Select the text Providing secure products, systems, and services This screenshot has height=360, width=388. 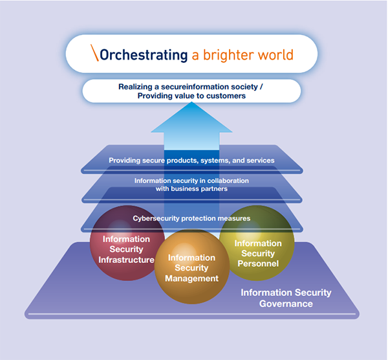tap(191, 160)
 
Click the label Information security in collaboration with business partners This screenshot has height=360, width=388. tap(191, 185)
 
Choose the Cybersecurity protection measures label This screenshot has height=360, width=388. tap(191, 218)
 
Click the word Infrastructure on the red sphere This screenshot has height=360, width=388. tap(127, 260)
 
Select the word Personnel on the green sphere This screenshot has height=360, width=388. tap(258, 264)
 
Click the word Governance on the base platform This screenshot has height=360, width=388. tap(286, 304)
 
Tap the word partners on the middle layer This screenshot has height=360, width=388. tap(212, 189)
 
